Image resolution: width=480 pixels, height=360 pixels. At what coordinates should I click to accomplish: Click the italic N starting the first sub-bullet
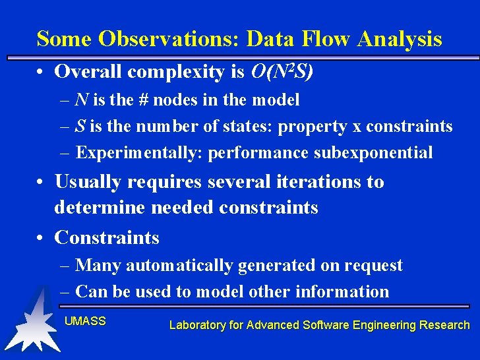pyautogui.click(x=82, y=100)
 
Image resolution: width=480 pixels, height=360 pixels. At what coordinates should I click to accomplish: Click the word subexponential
pyautogui.click(x=373, y=152)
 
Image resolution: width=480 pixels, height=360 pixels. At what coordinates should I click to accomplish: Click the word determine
pyautogui.click(x=100, y=208)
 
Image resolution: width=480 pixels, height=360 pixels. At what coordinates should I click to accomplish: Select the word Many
pyautogui.click(x=98, y=266)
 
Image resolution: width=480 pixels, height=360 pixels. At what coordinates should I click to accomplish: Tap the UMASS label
pyautogui.click(x=85, y=321)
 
